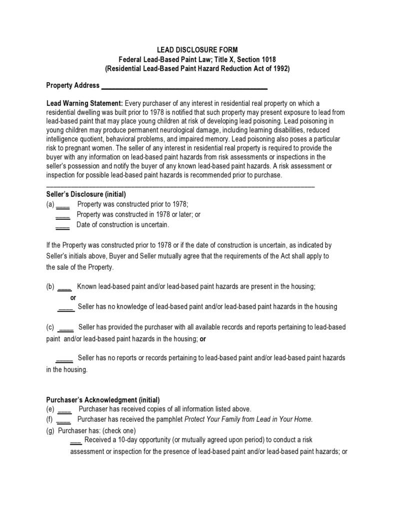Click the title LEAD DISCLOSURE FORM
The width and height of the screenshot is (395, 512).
click(197, 50)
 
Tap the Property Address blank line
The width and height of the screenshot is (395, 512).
click(184, 86)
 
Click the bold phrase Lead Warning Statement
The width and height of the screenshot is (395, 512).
click(84, 103)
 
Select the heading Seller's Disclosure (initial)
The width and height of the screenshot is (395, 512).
click(86, 194)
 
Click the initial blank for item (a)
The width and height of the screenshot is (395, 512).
click(63, 205)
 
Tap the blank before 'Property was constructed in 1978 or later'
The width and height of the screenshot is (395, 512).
click(62, 215)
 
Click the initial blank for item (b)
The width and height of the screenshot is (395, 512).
click(65, 288)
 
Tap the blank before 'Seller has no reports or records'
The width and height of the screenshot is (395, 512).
click(64, 359)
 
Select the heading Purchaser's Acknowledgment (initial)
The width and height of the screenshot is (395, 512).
click(103, 400)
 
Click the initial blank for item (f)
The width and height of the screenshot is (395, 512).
click(64, 420)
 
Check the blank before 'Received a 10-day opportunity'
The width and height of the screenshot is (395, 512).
click(76, 441)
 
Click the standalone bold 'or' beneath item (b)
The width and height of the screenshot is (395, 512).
click(73, 298)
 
